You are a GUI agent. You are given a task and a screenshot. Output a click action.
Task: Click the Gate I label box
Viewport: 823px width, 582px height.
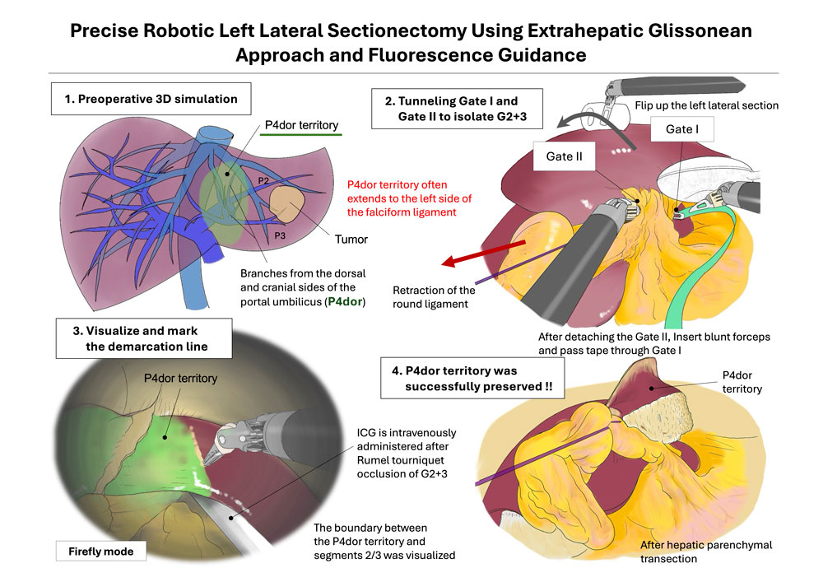coord(681,129)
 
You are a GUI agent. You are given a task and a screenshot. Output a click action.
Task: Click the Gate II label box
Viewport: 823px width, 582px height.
coord(564,156)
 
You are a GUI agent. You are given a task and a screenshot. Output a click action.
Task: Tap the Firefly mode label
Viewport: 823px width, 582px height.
coord(100,551)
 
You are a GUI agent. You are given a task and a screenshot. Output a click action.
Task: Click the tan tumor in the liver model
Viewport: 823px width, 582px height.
coord(287,204)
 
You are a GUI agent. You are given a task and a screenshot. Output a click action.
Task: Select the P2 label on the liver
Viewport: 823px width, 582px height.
coord(263,180)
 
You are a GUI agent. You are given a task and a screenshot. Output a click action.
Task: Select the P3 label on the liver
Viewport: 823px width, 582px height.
coord(280,235)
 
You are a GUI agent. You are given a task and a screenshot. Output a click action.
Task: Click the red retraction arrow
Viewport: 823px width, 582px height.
coord(483,253)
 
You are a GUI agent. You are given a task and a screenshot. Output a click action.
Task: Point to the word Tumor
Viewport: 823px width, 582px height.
coord(351,240)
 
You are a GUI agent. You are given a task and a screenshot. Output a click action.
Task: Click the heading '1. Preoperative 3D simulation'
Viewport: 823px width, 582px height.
coord(151,99)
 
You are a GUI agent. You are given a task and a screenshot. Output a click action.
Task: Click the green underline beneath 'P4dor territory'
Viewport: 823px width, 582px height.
coord(300,135)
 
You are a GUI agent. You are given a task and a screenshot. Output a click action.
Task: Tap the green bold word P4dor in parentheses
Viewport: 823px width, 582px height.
coord(345,302)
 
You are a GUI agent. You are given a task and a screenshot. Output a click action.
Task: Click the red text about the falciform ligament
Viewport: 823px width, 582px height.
coord(409,198)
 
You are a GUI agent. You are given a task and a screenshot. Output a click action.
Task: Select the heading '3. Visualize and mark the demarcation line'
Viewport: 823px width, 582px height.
coord(144,338)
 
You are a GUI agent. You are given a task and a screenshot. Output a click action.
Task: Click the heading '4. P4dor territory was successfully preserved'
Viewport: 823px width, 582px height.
coord(472,379)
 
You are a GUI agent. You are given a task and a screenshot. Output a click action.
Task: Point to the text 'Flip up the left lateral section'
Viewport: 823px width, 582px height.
coord(706,105)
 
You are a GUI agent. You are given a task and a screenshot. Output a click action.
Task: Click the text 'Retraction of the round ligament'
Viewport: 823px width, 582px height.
coord(434,297)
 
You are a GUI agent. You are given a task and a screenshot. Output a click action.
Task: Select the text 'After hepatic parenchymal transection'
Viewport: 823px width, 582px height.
coord(706,552)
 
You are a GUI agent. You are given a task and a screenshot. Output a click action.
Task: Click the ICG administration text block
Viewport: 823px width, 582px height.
coord(407,453)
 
